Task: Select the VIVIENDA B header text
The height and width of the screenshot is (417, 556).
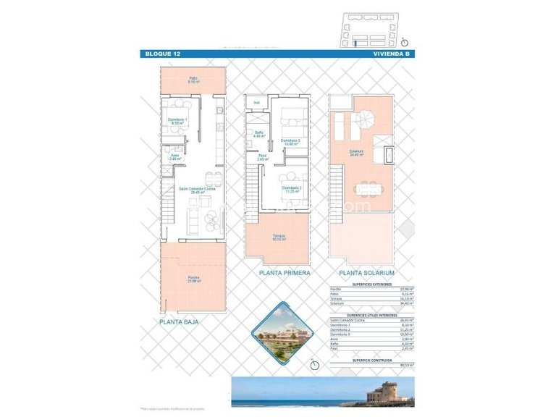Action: pyautogui.click(x=392, y=54)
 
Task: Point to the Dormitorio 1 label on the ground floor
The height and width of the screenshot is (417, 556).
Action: pyautogui.click(x=177, y=121)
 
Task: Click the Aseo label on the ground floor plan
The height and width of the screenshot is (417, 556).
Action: pyautogui.click(x=174, y=156)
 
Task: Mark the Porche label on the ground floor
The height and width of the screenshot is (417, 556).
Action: pyautogui.click(x=193, y=279)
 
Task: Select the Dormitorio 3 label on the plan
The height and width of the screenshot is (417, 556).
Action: pyautogui.click(x=290, y=142)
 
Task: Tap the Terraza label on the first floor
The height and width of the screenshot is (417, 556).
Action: pyautogui.click(x=279, y=237)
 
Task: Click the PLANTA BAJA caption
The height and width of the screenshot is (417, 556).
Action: pyautogui.click(x=179, y=321)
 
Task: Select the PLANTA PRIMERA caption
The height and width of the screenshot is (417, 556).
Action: pyautogui.click(x=285, y=273)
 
